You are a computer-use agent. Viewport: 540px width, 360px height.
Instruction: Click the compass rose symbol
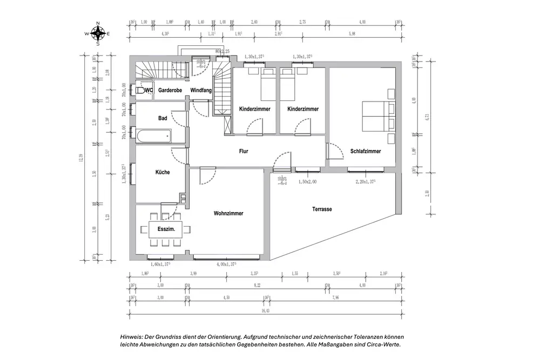coord(98,33)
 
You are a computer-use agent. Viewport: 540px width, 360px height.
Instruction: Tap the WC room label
coord(149,90)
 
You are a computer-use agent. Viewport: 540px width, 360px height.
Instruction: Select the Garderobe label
coord(170,90)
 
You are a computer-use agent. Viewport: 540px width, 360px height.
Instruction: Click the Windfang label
coord(201,90)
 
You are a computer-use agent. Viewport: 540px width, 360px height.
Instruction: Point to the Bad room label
coord(163,118)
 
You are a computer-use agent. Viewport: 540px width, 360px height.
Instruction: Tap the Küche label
coord(163,172)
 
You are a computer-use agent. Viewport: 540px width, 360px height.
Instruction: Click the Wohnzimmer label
coord(228,213)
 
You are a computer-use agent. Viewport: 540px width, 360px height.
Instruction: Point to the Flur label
coord(244,152)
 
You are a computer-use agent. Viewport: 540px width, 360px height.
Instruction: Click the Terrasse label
coord(322,209)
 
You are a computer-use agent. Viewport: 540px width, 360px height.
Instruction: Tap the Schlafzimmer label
coord(366,152)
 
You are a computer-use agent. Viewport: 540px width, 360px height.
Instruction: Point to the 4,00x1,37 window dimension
coord(227,264)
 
